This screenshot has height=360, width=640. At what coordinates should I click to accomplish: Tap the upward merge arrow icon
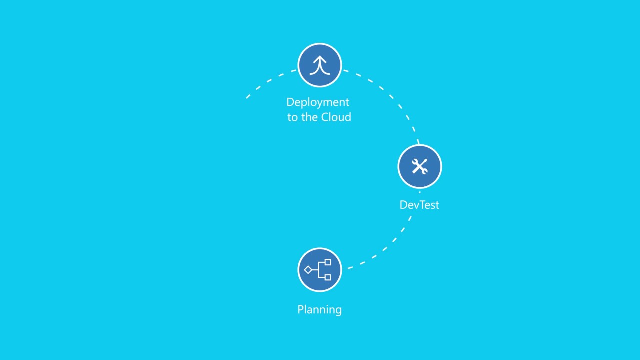320,65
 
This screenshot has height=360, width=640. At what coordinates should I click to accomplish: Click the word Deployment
318,103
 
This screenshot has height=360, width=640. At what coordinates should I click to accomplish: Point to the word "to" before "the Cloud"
292,117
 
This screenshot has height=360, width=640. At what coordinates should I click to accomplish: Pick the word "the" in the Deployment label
310,117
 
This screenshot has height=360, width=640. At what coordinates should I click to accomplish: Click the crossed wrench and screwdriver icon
420,166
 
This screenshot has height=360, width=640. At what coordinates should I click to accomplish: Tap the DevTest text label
419,205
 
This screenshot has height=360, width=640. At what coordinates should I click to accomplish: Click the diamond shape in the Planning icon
308,270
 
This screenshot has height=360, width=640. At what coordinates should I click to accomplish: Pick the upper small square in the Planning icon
328,262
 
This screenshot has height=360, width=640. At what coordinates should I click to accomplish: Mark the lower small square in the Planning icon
328,277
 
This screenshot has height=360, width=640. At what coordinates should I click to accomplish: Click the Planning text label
319,310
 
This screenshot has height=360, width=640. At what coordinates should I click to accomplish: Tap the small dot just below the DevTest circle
419,192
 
